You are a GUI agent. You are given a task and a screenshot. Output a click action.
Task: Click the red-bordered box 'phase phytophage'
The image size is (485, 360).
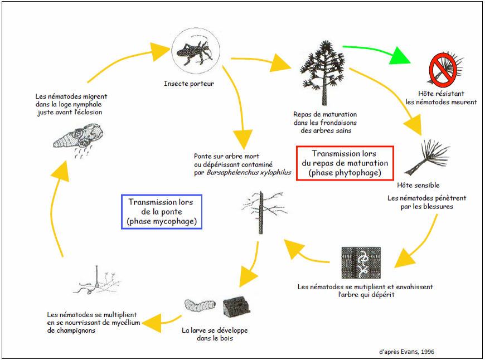coord(345,163)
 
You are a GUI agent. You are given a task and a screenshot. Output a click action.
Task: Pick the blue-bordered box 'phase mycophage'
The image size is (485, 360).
coord(161,211)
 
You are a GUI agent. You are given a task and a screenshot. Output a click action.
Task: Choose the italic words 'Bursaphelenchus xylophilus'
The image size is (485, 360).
coord(249,173)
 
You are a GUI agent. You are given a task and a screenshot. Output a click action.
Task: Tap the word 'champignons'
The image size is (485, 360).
coord(72,330)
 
